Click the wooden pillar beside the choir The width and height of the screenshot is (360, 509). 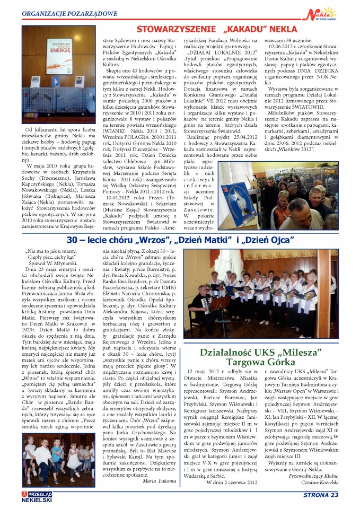pos(324,286)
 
